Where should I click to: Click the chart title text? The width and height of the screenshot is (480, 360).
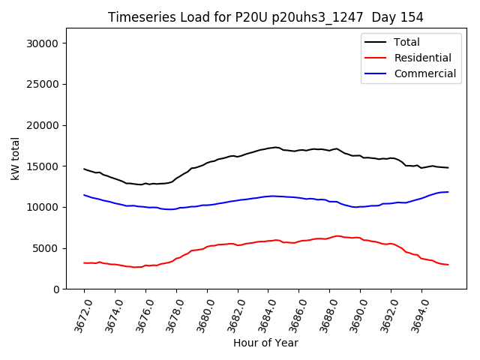[265, 17]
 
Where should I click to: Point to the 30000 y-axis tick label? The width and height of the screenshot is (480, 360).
[43, 43]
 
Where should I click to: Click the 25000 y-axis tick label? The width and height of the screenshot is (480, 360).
[43, 85]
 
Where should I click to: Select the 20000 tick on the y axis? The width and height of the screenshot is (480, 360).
[43, 125]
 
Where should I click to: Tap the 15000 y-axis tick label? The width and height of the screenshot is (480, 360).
[43, 166]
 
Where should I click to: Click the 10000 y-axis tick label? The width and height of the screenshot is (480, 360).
[43, 207]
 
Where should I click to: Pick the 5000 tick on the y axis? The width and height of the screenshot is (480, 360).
[46, 248]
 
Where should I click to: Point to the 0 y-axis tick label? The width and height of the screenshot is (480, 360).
[55, 289]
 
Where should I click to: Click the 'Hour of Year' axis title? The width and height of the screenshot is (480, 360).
[265, 343]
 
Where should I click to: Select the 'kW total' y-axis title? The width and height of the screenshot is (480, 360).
[15, 159]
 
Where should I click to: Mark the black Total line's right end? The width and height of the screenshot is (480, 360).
[448, 168]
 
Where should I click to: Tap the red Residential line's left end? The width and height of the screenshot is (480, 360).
[84, 263]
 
